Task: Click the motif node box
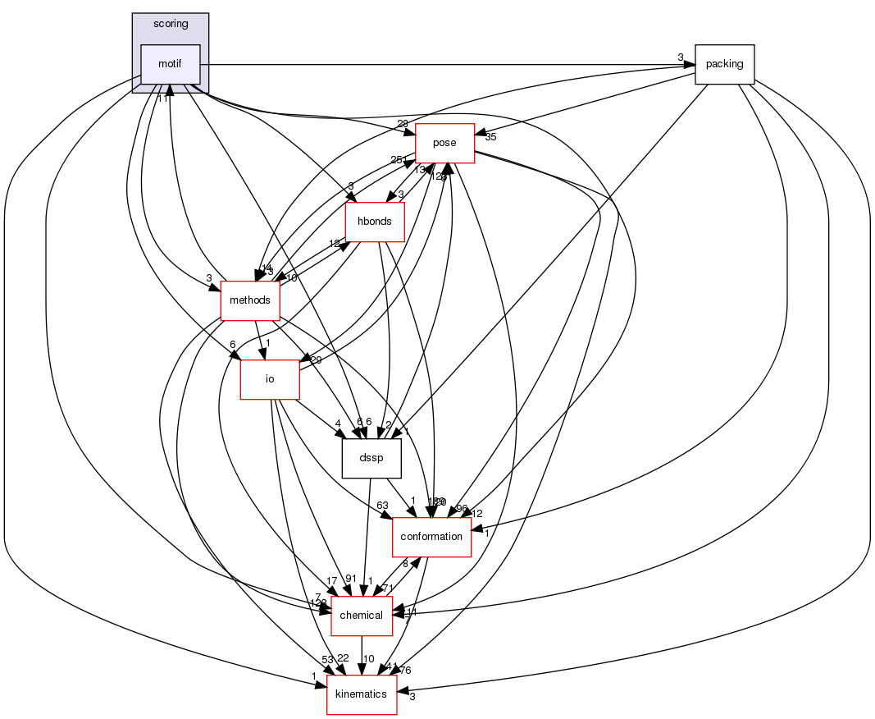pos(170,64)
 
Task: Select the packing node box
pos(724,64)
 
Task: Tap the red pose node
pos(444,143)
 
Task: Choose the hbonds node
pos(375,222)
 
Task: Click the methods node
pos(250,300)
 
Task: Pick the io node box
pos(269,379)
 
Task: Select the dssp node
pos(371,458)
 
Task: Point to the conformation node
pos(431,537)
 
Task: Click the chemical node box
pos(361,616)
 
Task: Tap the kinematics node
pos(362,694)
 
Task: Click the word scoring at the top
pos(171,24)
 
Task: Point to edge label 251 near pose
pos(399,159)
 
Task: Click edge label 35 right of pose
pos(490,138)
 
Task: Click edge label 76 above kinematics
pos(405,670)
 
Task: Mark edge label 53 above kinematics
pos(327,660)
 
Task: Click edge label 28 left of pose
pos(403,123)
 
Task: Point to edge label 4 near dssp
pos(337,424)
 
